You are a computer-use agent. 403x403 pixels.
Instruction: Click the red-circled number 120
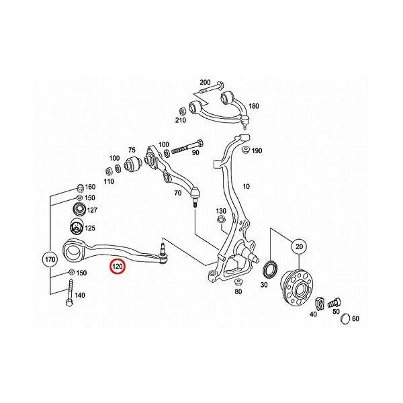click(118, 267)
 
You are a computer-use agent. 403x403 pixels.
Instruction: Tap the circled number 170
click(50, 259)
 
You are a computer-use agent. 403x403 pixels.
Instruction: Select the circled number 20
click(299, 247)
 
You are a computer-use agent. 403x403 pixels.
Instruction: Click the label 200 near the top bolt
click(205, 82)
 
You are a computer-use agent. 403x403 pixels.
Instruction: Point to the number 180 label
click(254, 106)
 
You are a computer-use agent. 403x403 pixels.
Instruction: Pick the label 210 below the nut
click(181, 120)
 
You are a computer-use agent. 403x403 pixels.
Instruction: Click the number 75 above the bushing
click(132, 150)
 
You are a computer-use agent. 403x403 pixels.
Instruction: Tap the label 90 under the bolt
click(195, 152)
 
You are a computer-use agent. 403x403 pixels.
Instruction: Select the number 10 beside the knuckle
click(247, 186)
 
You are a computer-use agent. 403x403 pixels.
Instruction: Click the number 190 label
click(257, 150)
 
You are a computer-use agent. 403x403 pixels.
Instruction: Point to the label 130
click(221, 211)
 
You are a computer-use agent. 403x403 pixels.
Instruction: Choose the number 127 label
click(92, 210)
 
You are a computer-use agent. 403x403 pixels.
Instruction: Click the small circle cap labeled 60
click(345, 319)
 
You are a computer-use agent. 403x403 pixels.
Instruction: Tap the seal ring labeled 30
click(270, 270)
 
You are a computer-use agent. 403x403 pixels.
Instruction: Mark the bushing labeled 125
click(76, 226)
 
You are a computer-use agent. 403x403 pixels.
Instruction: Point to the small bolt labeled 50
click(334, 304)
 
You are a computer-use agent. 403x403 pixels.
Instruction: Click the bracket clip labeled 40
click(320, 303)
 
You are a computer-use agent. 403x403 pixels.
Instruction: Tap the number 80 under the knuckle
click(238, 292)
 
